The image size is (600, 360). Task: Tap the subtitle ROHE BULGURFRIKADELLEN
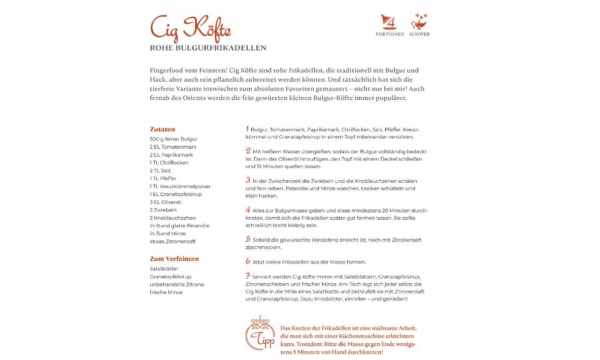point(208,48)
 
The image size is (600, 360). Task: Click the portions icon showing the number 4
point(389,22)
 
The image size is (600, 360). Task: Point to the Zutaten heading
point(163,130)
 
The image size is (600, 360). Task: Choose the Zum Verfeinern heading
point(174,259)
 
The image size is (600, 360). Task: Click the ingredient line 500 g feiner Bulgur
point(173,139)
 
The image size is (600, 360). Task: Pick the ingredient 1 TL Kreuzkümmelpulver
point(180,187)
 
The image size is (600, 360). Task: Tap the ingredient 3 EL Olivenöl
point(166,202)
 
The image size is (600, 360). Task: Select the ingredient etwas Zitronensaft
point(172,242)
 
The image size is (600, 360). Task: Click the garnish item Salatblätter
point(164,269)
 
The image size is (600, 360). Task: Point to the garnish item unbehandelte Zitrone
point(177,285)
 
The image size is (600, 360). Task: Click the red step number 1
point(247,129)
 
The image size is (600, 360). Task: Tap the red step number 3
point(248,180)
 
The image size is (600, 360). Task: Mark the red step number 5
point(248,239)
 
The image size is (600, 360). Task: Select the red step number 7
point(248,276)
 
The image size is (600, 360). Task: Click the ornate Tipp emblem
point(260,333)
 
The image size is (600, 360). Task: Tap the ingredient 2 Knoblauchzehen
point(173,218)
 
